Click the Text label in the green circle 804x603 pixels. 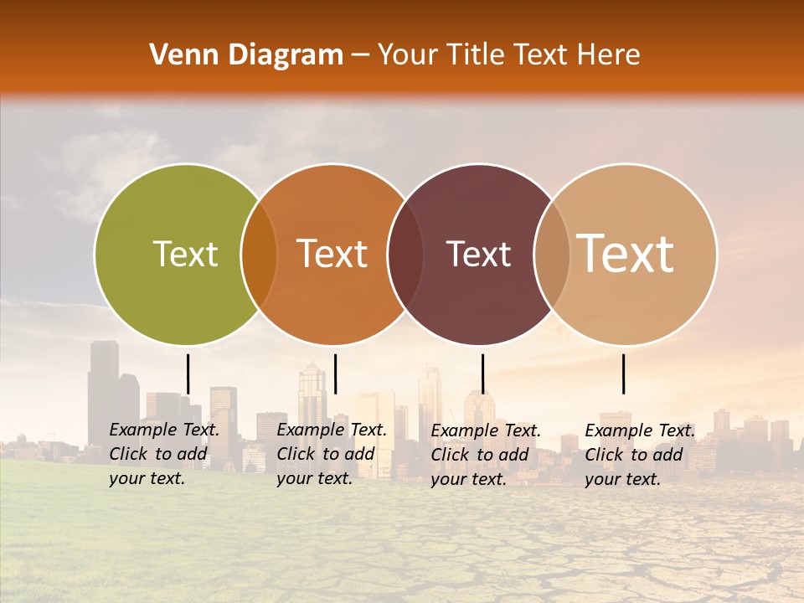point(185,254)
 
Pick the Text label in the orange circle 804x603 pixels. point(332,254)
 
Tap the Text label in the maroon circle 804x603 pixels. point(478,254)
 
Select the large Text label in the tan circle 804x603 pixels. point(626,254)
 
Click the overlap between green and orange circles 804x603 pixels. point(259,254)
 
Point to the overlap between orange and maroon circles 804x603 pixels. point(405,254)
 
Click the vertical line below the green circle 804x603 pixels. point(188,374)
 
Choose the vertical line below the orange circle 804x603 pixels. point(335,374)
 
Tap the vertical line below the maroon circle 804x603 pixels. point(482,374)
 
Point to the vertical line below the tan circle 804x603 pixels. point(623,374)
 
